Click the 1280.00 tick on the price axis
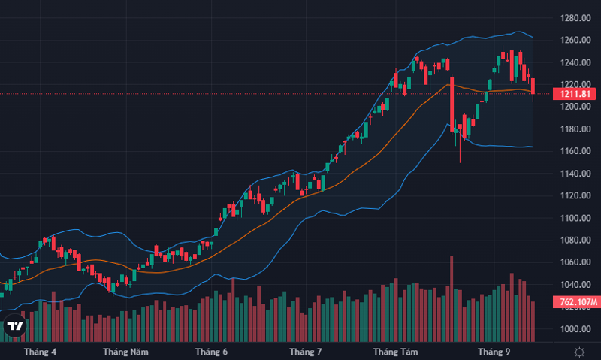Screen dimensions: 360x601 (x=574, y=18)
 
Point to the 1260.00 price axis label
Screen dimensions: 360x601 (x=574, y=41)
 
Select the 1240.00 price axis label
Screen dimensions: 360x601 (x=574, y=62)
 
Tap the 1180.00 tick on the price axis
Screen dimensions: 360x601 (x=574, y=129)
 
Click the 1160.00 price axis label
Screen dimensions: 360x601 (x=574, y=151)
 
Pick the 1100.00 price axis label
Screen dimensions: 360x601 (x=574, y=218)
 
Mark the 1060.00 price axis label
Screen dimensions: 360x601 (x=574, y=262)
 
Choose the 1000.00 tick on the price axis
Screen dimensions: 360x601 (x=574, y=329)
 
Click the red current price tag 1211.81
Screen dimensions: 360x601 (x=575, y=94)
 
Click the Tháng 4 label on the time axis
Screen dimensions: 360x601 (x=40, y=352)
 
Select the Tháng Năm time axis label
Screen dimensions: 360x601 (x=125, y=352)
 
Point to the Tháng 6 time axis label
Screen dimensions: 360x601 (x=211, y=352)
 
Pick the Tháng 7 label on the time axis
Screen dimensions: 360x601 (x=306, y=352)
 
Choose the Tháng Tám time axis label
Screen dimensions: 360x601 (x=395, y=352)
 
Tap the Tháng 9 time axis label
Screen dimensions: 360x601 (x=494, y=352)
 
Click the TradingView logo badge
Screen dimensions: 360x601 (x=14, y=326)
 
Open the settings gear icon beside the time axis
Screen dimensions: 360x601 (x=580, y=352)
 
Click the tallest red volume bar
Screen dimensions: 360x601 (x=452, y=297)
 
